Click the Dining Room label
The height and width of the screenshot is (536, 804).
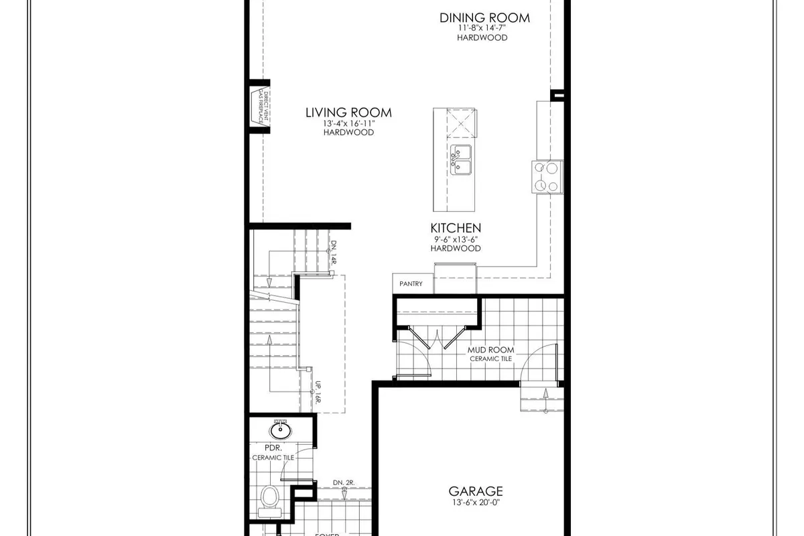coord(484,17)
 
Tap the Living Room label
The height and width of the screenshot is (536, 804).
coord(348,113)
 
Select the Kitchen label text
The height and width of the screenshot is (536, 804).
coord(456,228)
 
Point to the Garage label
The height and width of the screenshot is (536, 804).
coord(476,491)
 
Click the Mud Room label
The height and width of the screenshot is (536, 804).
coord(491,350)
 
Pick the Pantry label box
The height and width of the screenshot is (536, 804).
coord(411,283)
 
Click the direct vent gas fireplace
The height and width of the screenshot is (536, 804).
coord(260,107)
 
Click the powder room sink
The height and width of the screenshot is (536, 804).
coord(279,429)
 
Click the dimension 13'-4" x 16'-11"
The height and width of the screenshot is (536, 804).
coord(348,123)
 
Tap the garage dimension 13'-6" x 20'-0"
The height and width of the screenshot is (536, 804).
coord(476,503)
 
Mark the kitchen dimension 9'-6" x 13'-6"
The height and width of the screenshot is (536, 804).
coord(456,239)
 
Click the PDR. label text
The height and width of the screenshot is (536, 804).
coord(272,447)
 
